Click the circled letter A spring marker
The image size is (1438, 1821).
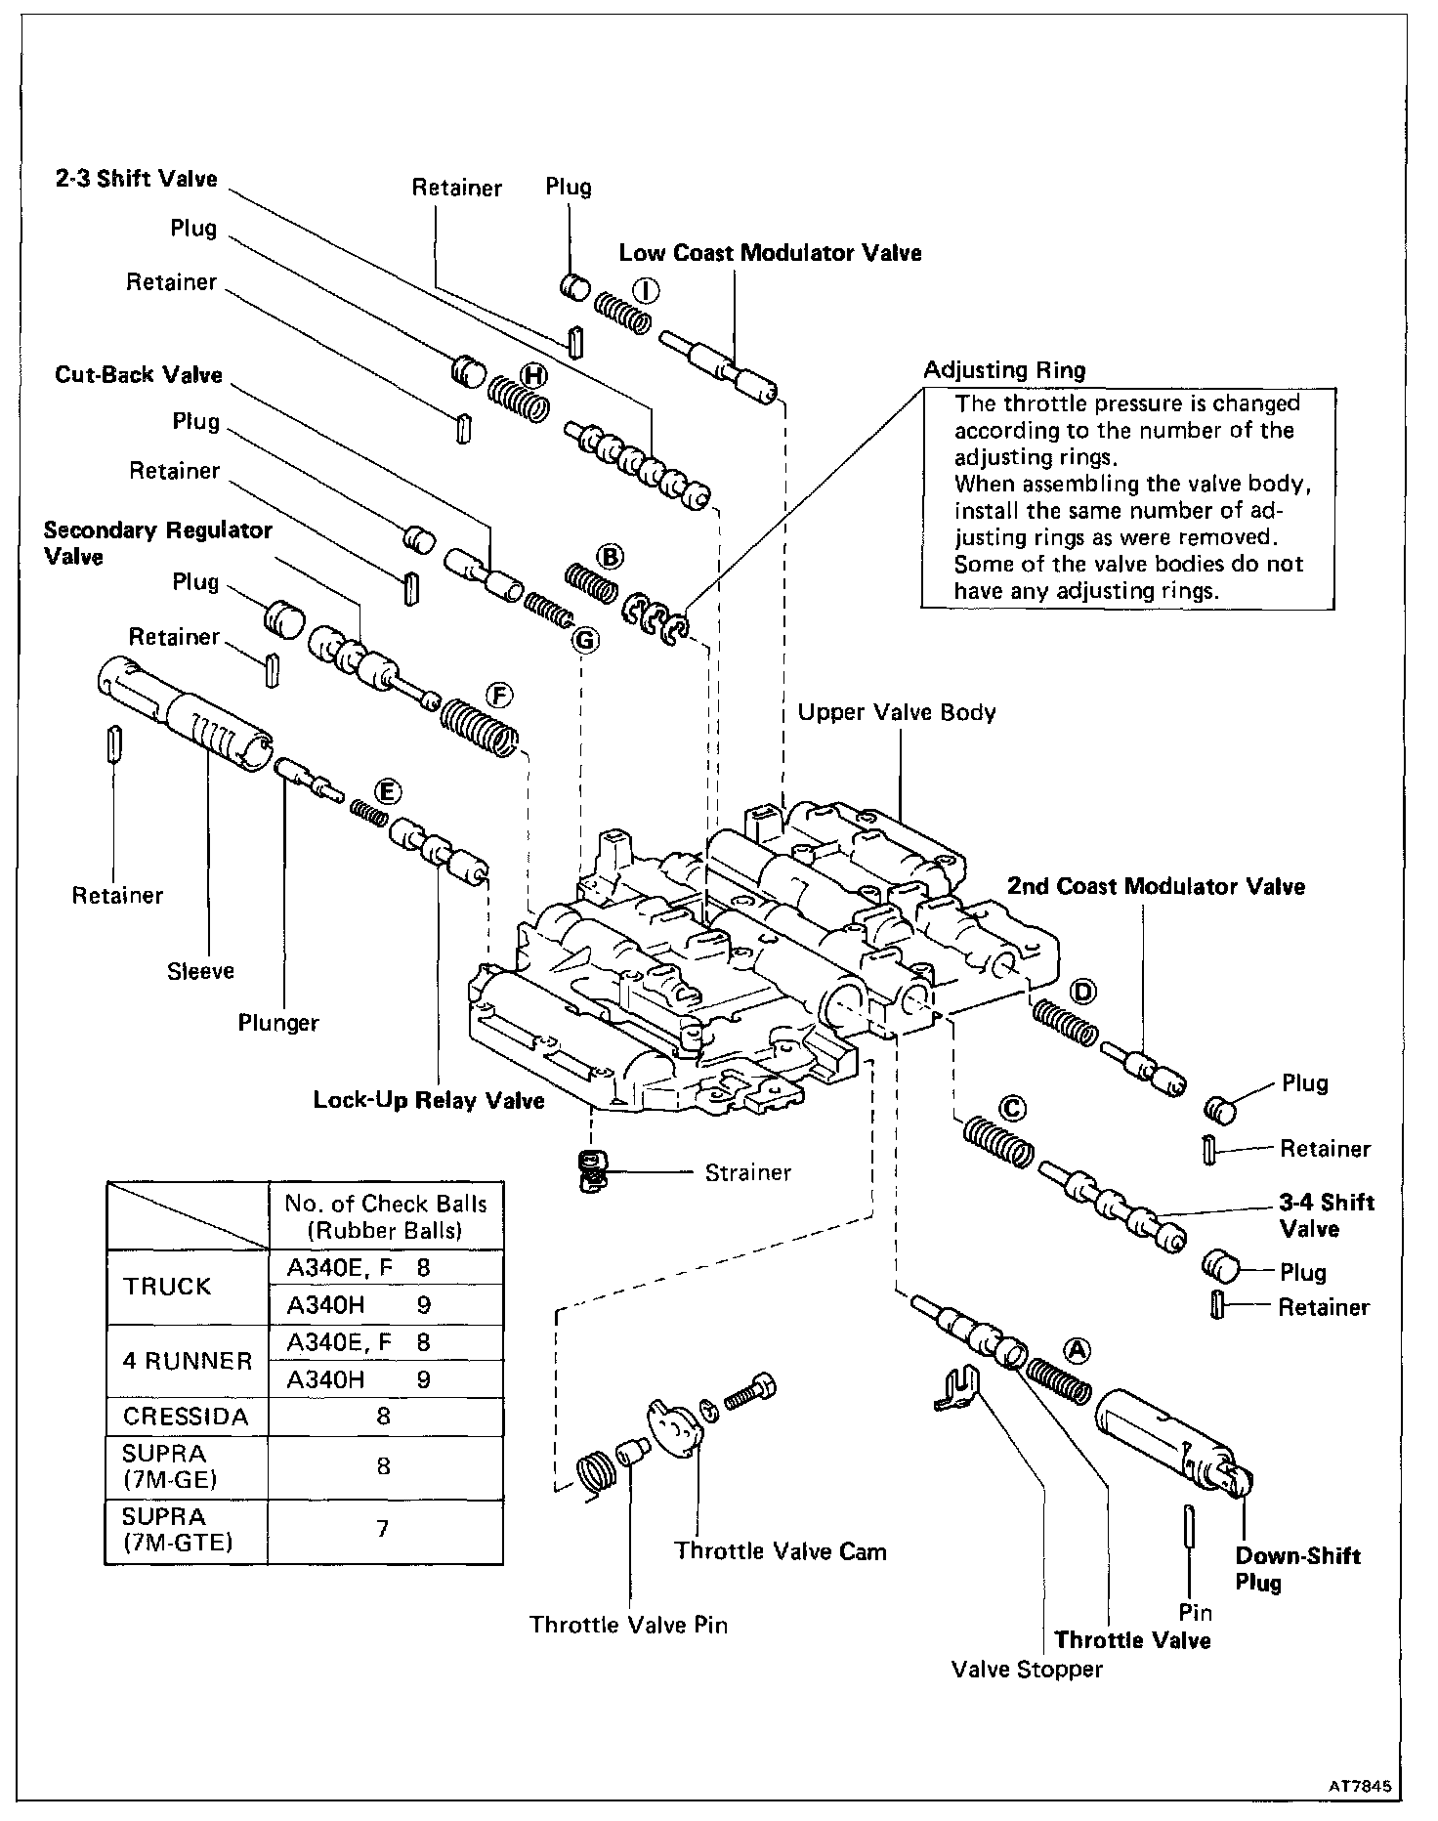[x=1076, y=1349]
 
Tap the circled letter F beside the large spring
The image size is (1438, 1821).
[x=498, y=696]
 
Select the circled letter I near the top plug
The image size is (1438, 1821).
[x=646, y=290]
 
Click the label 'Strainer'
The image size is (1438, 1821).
[x=747, y=1172]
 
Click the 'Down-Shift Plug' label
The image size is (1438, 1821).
[x=1297, y=1569]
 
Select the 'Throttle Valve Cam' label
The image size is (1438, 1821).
[x=781, y=1551]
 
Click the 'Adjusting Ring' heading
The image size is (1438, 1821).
[x=1004, y=370]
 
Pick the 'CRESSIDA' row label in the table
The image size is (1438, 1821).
[x=186, y=1416]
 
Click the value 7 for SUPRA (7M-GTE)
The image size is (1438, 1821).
[x=383, y=1527]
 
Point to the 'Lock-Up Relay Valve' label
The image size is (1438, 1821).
[x=428, y=1100]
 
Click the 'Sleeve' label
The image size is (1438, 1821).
[x=200, y=970]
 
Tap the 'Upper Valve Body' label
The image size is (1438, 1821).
[x=896, y=712]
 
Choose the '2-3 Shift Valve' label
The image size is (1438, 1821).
[x=137, y=179]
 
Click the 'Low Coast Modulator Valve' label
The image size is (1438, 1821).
[x=770, y=253]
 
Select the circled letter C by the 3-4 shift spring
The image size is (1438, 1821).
[x=1013, y=1109]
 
